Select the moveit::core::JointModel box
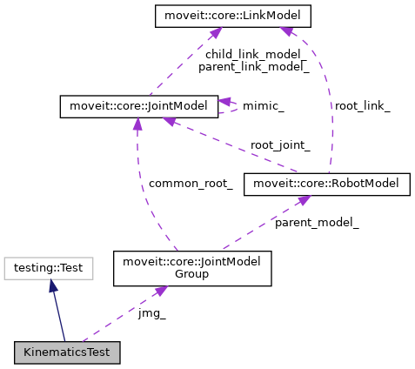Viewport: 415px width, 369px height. tap(137, 107)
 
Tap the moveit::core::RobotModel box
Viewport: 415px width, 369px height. tap(326, 183)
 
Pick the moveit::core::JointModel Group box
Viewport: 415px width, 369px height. tap(192, 268)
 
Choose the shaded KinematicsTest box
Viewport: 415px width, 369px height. tap(67, 352)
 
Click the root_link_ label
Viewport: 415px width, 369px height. tap(363, 105)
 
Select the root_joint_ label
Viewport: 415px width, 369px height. tap(279, 144)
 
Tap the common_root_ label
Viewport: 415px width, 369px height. tap(191, 183)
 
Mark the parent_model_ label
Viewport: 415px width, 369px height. tap(317, 222)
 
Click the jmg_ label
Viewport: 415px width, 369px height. tap(151, 313)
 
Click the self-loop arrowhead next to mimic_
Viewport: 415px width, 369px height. tap(224, 102)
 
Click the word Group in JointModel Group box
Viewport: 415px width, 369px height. tap(192, 274)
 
